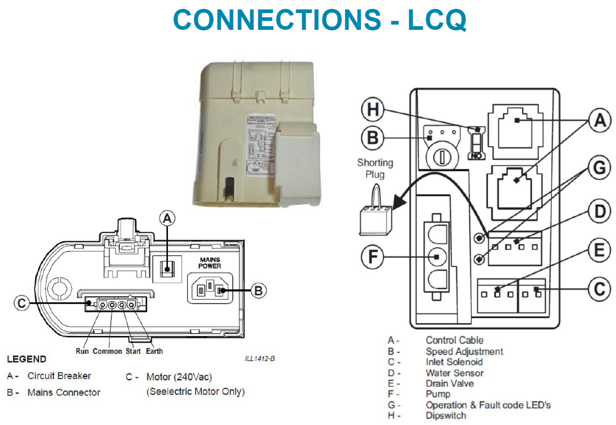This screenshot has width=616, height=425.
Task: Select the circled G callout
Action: (600, 169)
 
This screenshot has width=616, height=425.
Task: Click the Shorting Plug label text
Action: (375, 168)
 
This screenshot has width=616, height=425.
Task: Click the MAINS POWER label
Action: (209, 263)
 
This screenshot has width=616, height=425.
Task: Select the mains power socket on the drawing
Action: (209, 289)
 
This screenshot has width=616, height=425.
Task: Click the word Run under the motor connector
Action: (83, 351)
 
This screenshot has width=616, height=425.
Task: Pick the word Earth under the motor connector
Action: (154, 351)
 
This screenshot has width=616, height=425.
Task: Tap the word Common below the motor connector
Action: (107, 351)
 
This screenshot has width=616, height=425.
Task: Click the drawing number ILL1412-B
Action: (260, 359)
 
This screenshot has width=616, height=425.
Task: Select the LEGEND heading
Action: (26, 360)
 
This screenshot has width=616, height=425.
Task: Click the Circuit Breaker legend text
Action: (59, 376)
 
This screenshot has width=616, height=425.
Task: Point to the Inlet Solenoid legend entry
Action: (454, 362)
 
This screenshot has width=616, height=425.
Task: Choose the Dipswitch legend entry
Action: (446, 416)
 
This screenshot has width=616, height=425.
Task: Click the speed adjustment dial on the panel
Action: (438, 155)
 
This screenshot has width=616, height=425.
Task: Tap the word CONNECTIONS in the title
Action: (277, 20)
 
